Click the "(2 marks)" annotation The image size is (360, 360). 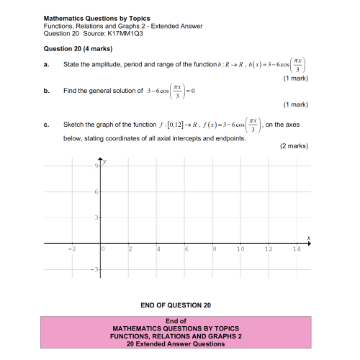(294, 146)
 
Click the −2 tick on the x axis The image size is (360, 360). (71, 249)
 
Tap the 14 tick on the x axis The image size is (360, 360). (296, 249)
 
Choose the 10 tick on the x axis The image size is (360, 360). (240, 249)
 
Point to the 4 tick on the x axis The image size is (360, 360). (158, 249)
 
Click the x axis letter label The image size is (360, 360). (308, 237)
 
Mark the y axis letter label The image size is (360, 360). (105, 161)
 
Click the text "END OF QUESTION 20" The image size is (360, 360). (176, 305)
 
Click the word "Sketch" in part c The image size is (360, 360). (75, 125)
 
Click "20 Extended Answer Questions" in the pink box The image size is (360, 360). (176, 343)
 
